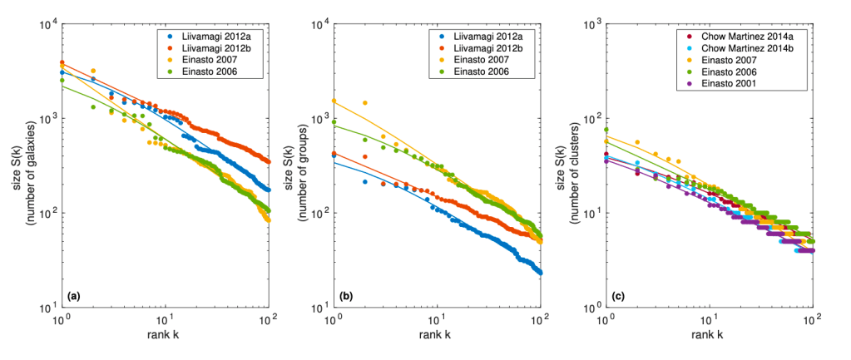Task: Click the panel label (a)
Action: pos(75,295)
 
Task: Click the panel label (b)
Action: pos(346,295)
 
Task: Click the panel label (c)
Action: pos(618,295)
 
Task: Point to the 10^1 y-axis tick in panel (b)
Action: pos(319,308)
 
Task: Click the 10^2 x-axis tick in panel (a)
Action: pos(267,320)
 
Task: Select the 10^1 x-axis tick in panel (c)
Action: pos(709,320)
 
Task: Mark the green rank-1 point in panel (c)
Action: pos(606,130)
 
